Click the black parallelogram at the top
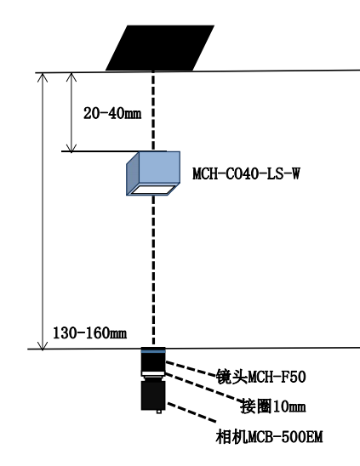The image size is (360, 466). tap(160, 48)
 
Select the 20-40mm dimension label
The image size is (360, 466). tap(112, 114)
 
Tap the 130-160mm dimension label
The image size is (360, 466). tap(90, 332)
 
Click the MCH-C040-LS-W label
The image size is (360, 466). tap(246, 173)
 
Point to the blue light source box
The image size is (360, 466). tap(153, 173)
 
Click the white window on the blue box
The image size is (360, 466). tap(153, 189)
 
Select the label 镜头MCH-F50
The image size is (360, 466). tap(261, 377)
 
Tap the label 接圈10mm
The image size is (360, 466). tap(273, 406)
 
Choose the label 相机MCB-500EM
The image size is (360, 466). tap(269, 437)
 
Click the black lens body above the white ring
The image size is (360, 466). tap(153, 362)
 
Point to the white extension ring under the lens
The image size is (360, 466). tap(153, 373)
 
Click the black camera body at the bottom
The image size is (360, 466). tap(153, 395)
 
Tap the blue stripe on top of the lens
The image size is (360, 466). tap(153, 351)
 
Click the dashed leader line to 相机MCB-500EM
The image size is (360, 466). tap(191, 412)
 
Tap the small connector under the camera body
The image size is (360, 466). tap(159, 412)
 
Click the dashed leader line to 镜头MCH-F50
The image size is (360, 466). tap(191, 369)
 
